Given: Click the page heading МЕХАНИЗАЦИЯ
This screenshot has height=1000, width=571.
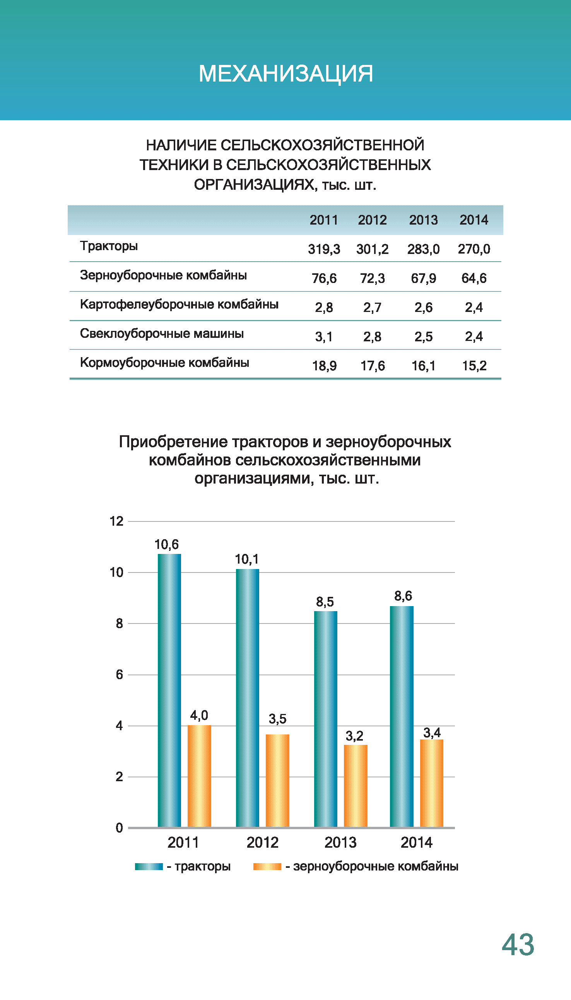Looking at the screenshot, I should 285,73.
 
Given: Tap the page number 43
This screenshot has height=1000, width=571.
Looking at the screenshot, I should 518,944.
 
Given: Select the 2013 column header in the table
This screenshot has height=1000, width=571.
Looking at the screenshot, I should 423,220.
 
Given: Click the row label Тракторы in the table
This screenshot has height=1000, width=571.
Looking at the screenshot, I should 109,246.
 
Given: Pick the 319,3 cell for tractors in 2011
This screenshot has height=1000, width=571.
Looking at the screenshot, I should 324,249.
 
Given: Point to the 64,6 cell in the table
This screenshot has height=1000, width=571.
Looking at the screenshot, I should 474,278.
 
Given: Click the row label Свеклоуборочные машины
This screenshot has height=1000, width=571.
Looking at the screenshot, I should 162,334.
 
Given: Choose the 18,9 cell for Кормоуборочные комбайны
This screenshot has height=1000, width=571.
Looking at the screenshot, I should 324,366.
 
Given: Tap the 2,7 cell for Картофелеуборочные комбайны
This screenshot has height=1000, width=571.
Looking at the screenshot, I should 372,307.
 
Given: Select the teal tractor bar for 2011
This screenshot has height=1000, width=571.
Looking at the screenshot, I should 169,690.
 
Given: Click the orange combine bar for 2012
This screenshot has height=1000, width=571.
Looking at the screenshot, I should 277,780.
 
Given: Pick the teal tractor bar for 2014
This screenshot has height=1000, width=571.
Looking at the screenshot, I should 402,717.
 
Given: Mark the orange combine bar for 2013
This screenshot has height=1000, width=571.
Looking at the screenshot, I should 355,785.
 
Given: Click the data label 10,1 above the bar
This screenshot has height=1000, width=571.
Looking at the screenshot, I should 247,559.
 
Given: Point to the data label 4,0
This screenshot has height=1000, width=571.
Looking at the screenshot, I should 199,715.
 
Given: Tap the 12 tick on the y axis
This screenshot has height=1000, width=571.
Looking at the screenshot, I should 116,521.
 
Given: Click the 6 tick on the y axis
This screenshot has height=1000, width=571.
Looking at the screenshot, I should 119,675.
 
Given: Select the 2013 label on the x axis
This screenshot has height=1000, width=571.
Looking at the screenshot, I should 340,842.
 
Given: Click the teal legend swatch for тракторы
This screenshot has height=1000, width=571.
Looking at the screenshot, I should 149,866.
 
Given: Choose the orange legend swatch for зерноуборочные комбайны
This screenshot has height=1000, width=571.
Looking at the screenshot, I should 267,866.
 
